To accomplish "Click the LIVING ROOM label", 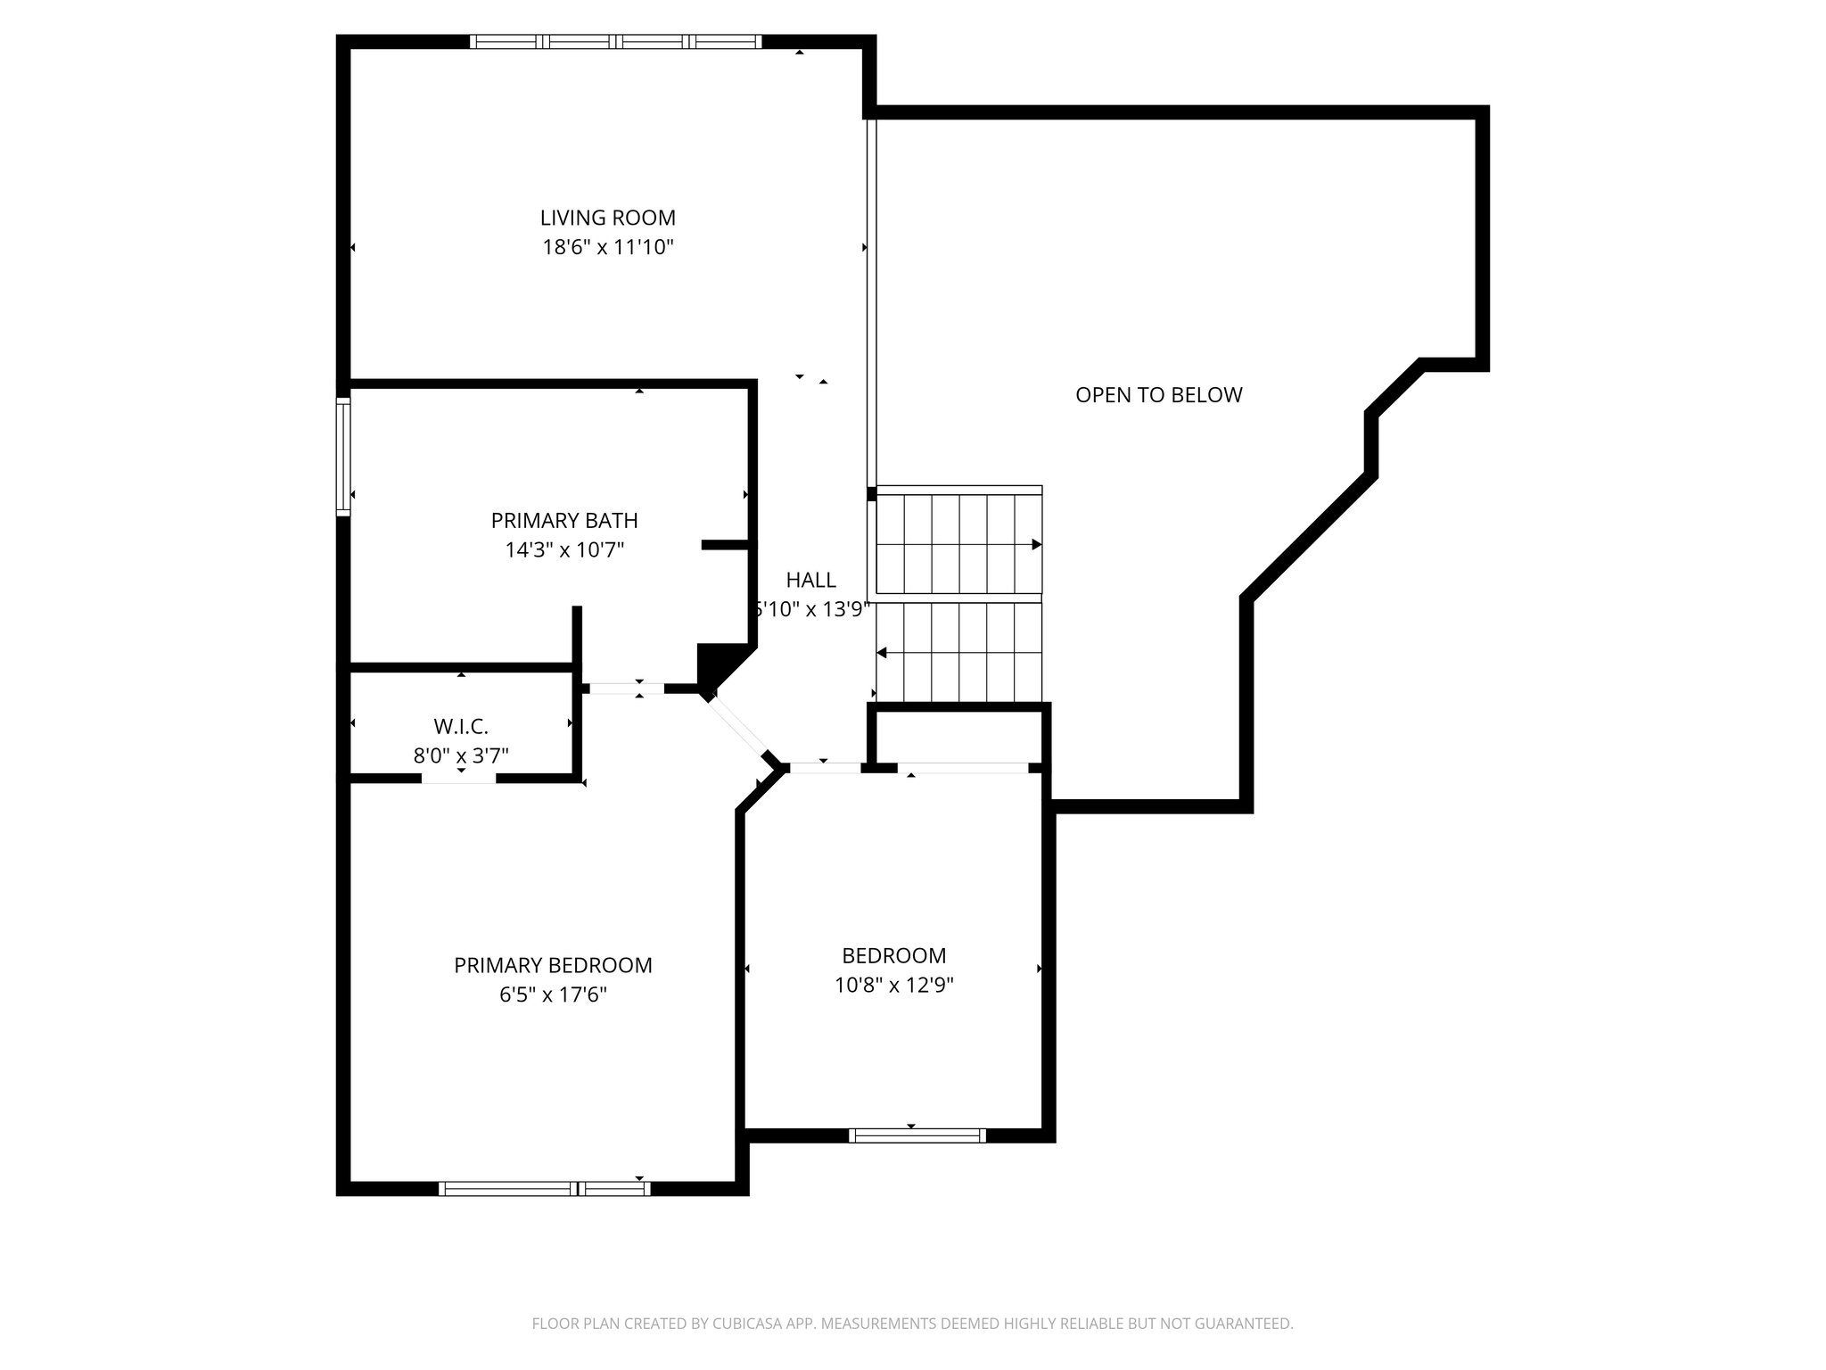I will click(x=607, y=218).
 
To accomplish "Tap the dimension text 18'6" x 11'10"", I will click(x=607, y=247).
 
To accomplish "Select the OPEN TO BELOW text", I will click(x=1158, y=395).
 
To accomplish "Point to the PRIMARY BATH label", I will click(x=563, y=520).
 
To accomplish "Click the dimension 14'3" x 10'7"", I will click(x=563, y=549).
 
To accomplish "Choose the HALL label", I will click(x=810, y=580).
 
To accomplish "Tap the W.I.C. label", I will click(x=461, y=726).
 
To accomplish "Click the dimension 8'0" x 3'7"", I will click(x=461, y=756).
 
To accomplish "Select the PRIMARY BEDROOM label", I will click(x=553, y=965).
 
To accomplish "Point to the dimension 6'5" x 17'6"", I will click(x=553, y=994).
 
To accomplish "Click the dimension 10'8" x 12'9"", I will click(x=893, y=985).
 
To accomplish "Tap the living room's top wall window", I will click(x=615, y=41).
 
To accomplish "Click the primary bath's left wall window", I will click(x=343, y=457).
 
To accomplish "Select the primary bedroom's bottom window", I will click(x=545, y=1188).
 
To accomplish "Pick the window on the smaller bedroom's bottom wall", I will click(x=917, y=1135).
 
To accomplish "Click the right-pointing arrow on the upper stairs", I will click(x=1036, y=544).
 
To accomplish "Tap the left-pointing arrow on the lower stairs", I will click(x=882, y=654).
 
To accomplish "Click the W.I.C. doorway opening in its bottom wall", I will click(x=458, y=778).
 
